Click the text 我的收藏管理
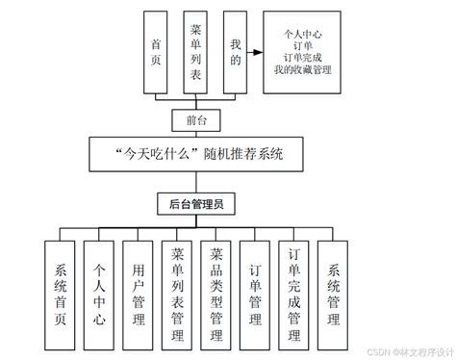click(x=302, y=68)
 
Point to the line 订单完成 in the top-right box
click(x=302, y=57)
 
